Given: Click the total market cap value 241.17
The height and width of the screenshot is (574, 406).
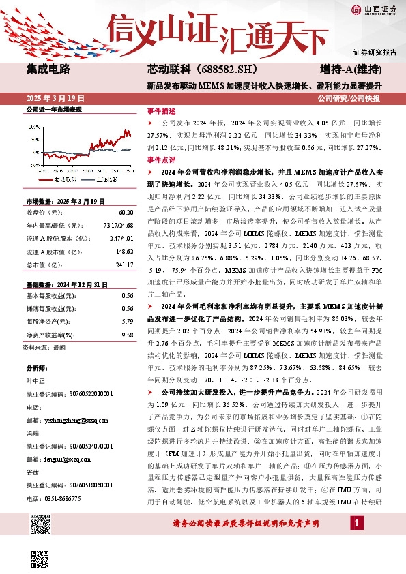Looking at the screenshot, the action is (x=125, y=265).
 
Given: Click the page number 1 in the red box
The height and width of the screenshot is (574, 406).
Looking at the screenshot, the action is (x=356, y=541).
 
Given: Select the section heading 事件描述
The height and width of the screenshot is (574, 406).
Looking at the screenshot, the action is (x=161, y=110).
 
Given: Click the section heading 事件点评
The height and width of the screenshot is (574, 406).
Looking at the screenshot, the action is (x=161, y=159).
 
